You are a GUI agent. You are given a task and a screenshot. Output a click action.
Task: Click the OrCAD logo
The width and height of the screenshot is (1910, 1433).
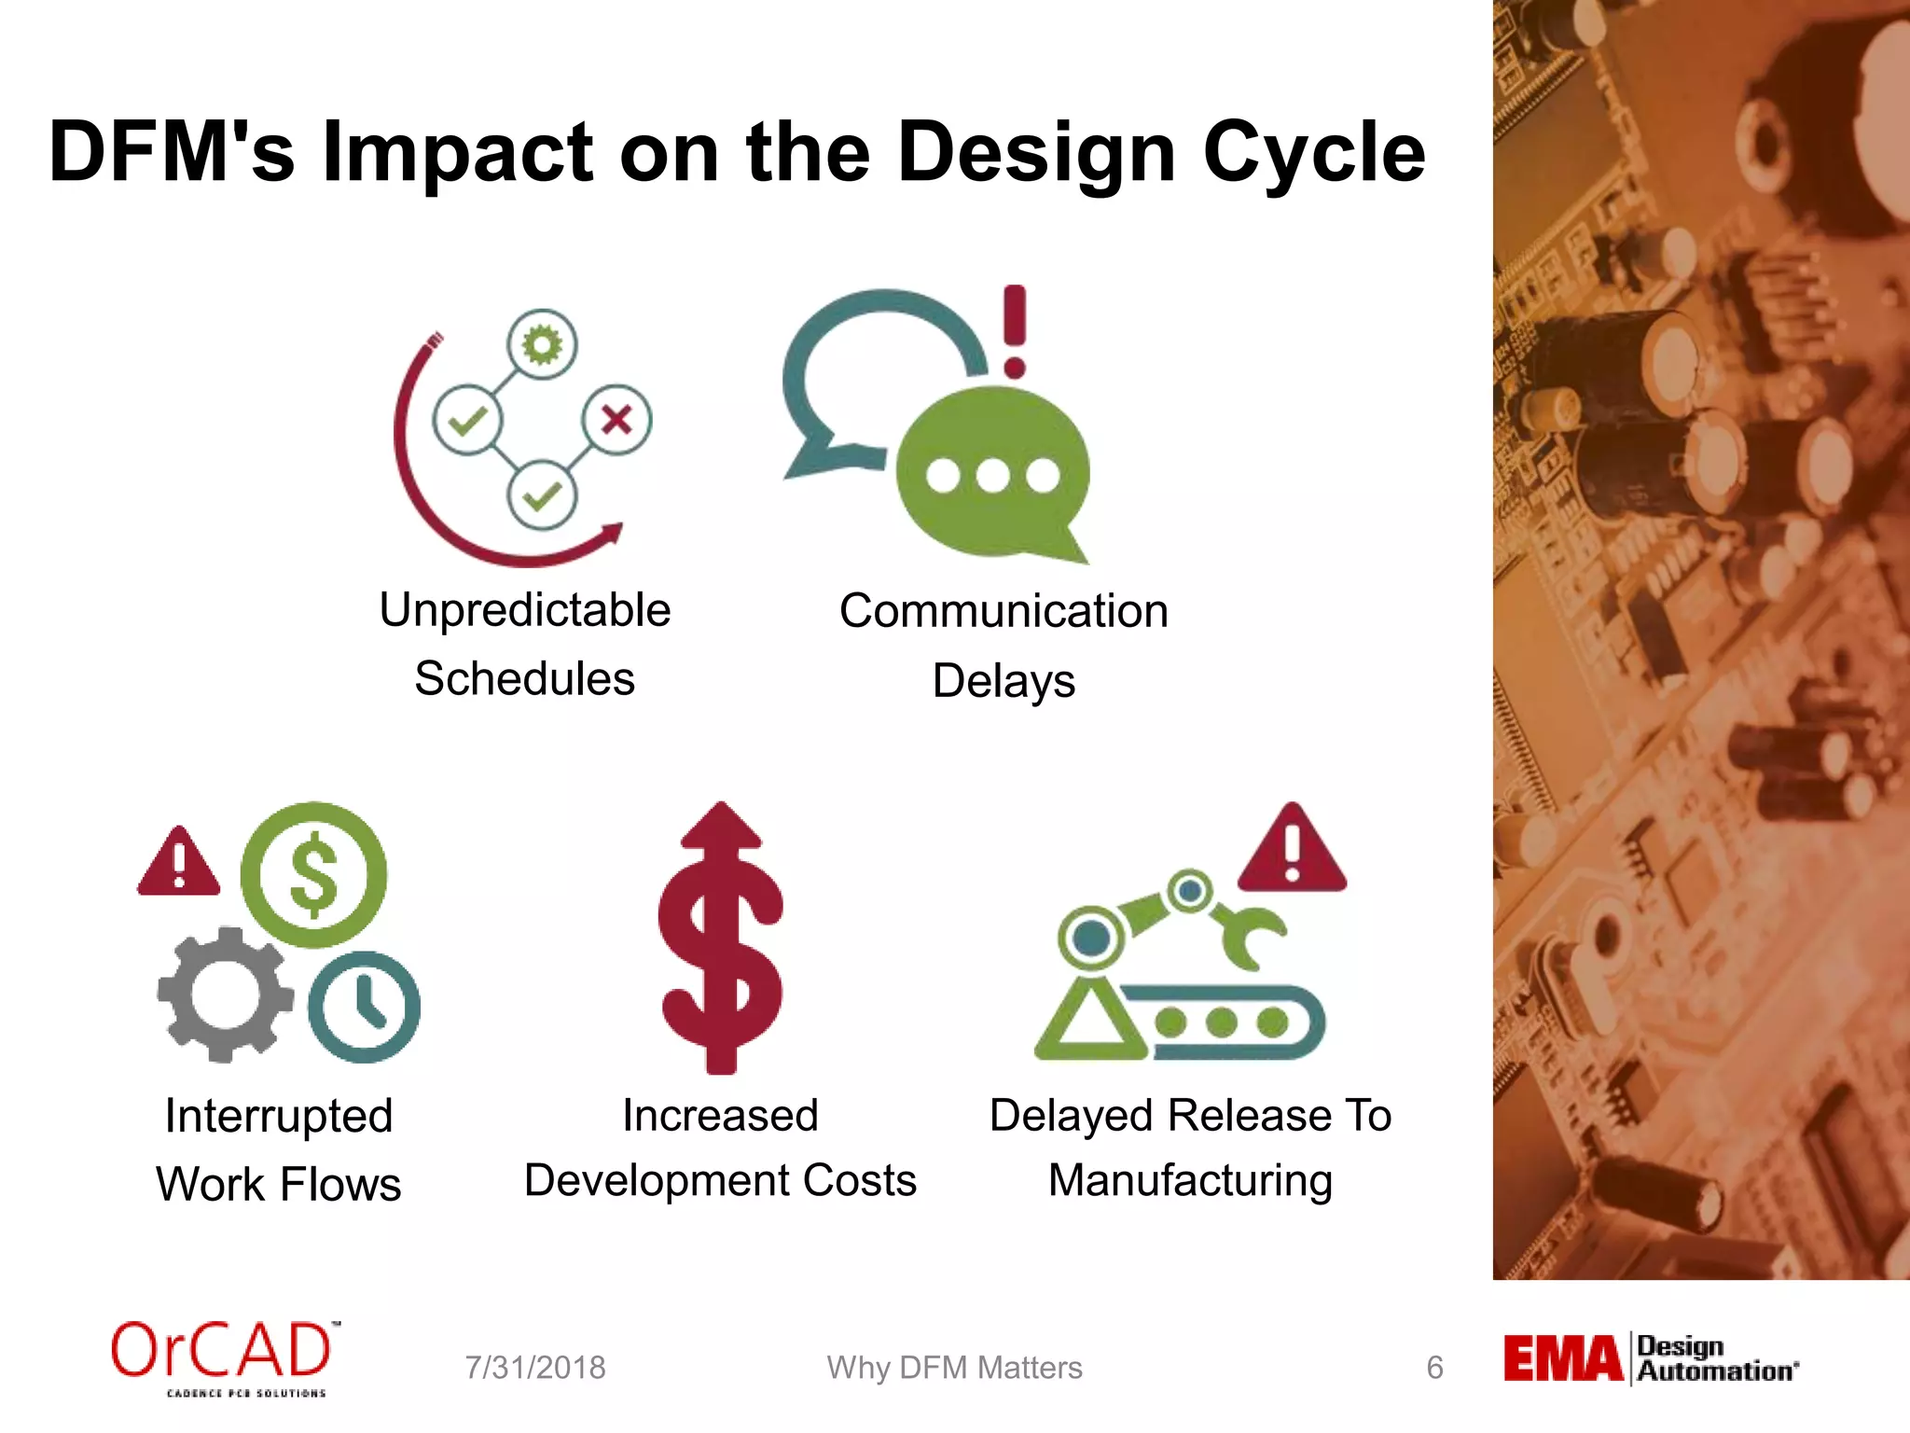(222, 1357)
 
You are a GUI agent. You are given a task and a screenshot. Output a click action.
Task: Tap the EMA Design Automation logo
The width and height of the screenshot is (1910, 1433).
(1650, 1359)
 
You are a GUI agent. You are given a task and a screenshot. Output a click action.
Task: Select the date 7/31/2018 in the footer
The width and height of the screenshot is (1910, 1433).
(535, 1368)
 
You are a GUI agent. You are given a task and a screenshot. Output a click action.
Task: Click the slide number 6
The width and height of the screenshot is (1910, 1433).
(1434, 1368)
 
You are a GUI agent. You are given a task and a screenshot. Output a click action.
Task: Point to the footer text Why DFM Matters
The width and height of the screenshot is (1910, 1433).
(954, 1368)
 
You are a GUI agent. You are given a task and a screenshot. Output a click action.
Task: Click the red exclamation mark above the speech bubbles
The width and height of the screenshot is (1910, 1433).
(1015, 332)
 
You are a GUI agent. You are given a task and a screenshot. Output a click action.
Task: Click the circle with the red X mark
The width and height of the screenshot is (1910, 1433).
(616, 420)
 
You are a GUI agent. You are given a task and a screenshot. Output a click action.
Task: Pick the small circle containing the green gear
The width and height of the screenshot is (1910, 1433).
(542, 345)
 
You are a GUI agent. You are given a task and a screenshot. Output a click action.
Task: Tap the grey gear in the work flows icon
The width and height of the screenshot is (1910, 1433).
(224, 995)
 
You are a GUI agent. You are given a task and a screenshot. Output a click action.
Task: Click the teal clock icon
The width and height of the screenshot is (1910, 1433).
(365, 1007)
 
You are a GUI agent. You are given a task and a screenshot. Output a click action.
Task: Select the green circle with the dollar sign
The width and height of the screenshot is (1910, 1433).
(313, 875)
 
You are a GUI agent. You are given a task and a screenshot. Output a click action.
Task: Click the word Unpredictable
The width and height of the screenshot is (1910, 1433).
(524, 611)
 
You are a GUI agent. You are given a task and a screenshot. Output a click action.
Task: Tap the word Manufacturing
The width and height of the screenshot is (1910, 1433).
(1190, 1181)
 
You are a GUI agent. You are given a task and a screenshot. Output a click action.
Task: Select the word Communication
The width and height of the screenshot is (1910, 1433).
(1003, 612)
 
